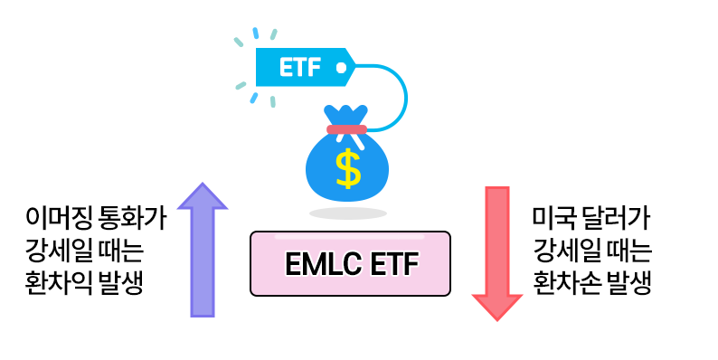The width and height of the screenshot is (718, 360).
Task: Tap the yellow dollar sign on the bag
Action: (347, 168)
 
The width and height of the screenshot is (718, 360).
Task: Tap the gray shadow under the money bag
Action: (347, 213)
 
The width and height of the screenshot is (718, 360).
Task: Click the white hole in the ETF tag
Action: (340, 66)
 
